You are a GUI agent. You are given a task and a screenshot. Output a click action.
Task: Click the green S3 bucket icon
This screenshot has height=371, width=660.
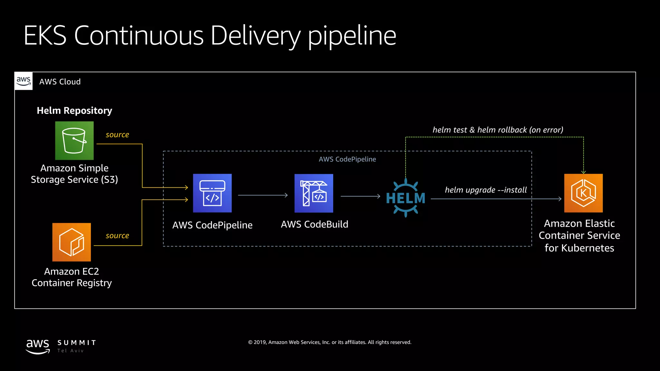[74, 140]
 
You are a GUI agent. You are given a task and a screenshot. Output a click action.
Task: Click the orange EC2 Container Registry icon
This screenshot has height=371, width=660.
[72, 242]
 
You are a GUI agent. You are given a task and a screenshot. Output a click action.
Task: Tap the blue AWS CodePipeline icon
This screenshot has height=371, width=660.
[212, 193]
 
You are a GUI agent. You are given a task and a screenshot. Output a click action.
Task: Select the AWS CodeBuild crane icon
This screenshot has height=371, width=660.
[314, 193]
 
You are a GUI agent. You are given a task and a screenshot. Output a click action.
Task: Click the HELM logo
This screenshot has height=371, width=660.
[405, 198]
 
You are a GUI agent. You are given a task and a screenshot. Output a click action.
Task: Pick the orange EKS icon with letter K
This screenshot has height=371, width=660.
[583, 193]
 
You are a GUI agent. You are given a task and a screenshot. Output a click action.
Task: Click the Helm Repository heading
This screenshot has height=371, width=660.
[74, 110]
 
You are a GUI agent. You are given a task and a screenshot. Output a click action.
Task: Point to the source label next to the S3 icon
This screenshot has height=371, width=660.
[117, 135]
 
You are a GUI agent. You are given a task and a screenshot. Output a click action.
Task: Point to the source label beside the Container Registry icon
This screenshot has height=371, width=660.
[117, 236]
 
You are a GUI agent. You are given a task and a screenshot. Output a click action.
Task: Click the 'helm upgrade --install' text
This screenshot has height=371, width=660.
[486, 190]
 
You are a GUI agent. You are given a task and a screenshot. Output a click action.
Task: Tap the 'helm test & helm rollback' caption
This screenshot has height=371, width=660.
[498, 130]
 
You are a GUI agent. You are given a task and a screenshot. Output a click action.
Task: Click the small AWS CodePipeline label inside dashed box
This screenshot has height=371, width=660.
[347, 159]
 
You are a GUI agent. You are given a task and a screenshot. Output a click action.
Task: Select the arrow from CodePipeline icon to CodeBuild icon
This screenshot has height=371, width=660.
[263, 195]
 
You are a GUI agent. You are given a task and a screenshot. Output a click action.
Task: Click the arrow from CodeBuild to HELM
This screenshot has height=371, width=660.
[360, 196]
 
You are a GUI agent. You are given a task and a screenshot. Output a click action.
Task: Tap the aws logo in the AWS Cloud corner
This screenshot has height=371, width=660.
[24, 81]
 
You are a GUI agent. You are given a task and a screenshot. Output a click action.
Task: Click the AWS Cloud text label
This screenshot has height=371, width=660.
[60, 82]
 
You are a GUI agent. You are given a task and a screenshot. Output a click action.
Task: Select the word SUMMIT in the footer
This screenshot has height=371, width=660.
[77, 343]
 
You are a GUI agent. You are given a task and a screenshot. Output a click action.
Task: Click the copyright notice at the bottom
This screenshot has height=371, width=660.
[330, 342]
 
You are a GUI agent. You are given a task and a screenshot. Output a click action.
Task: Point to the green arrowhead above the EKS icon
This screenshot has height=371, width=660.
[583, 172]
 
